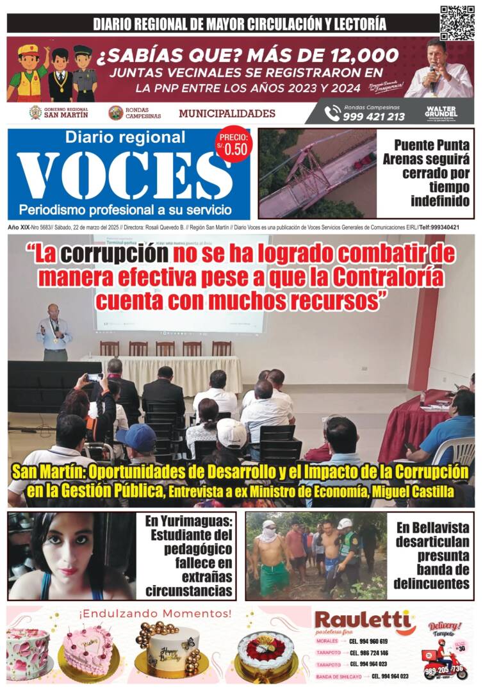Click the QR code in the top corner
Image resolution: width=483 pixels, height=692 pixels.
click(457, 22)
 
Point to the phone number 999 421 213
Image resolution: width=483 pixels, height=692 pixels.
click(373, 117)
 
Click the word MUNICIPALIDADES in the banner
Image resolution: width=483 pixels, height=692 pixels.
click(227, 114)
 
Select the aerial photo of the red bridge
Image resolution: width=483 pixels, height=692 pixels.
click(317, 174)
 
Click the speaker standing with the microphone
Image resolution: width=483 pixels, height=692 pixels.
click(54, 332)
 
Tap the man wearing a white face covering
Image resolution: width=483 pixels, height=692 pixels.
click(270, 555)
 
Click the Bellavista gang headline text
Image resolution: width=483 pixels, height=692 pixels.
click(432, 555)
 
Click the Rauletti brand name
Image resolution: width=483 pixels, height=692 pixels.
click(362, 620)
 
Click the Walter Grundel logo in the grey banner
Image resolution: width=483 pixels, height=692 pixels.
click(441, 112)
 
